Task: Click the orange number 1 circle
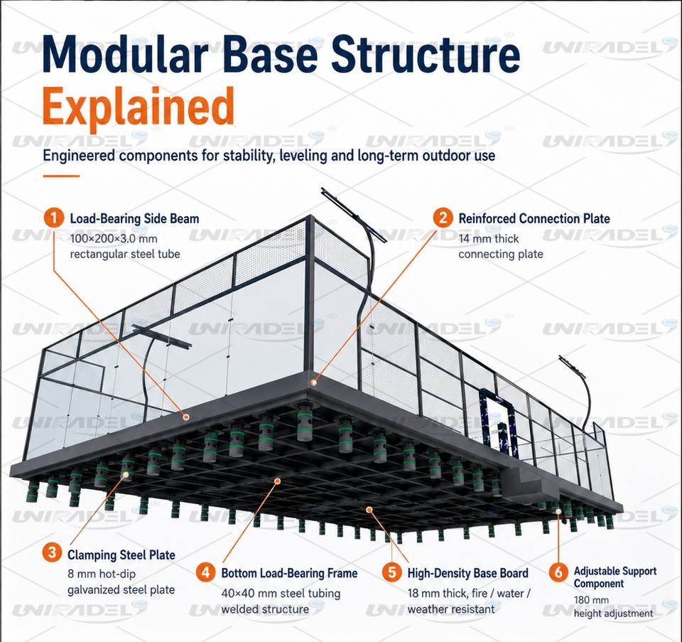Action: (x=54, y=217)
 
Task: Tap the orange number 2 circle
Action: (x=443, y=217)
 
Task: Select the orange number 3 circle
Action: (x=52, y=552)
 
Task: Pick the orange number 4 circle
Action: (x=206, y=572)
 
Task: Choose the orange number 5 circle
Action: (x=392, y=572)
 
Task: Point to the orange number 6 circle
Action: (x=558, y=572)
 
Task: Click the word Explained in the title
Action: (x=139, y=107)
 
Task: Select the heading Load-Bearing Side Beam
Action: (x=134, y=218)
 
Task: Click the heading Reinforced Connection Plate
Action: (x=534, y=218)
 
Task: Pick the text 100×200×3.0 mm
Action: (x=114, y=239)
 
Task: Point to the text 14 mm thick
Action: (x=489, y=239)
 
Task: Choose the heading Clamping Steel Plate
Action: (x=121, y=555)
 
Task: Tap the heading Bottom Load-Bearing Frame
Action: (x=289, y=573)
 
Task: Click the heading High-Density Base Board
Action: (x=468, y=573)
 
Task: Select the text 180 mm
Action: (x=591, y=600)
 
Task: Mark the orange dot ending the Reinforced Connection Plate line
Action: (x=313, y=382)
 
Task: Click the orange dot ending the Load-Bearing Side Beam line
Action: (x=186, y=417)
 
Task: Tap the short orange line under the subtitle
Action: (x=61, y=176)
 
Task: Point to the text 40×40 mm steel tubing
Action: (x=281, y=594)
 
